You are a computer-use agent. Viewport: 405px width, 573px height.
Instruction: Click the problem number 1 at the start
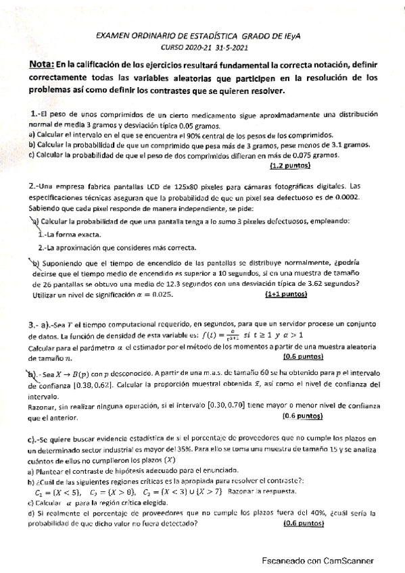34,114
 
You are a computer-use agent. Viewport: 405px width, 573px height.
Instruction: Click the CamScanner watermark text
317,561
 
